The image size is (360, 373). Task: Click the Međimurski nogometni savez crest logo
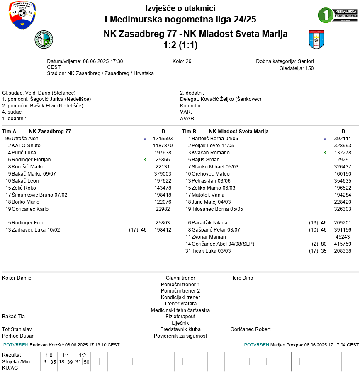point(22,15)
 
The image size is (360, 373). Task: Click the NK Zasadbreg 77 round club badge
point(44,39)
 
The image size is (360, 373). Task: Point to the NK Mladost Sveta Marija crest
point(316,39)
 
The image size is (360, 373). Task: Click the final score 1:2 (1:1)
point(180,45)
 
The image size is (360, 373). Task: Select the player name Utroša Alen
point(25,139)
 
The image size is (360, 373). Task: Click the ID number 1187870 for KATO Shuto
point(163,146)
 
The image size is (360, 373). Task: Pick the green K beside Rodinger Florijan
point(145,160)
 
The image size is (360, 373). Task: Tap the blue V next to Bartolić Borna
point(325,139)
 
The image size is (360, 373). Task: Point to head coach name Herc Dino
point(241,278)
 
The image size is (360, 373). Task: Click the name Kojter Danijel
point(17,278)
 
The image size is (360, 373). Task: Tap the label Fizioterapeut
point(180,317)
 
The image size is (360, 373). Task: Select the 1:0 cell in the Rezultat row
point(49,356)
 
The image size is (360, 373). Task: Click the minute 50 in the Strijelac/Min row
point(86,362)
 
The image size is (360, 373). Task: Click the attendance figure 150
point(309,68)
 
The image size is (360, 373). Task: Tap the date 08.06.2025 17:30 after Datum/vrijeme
point(103,61)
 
